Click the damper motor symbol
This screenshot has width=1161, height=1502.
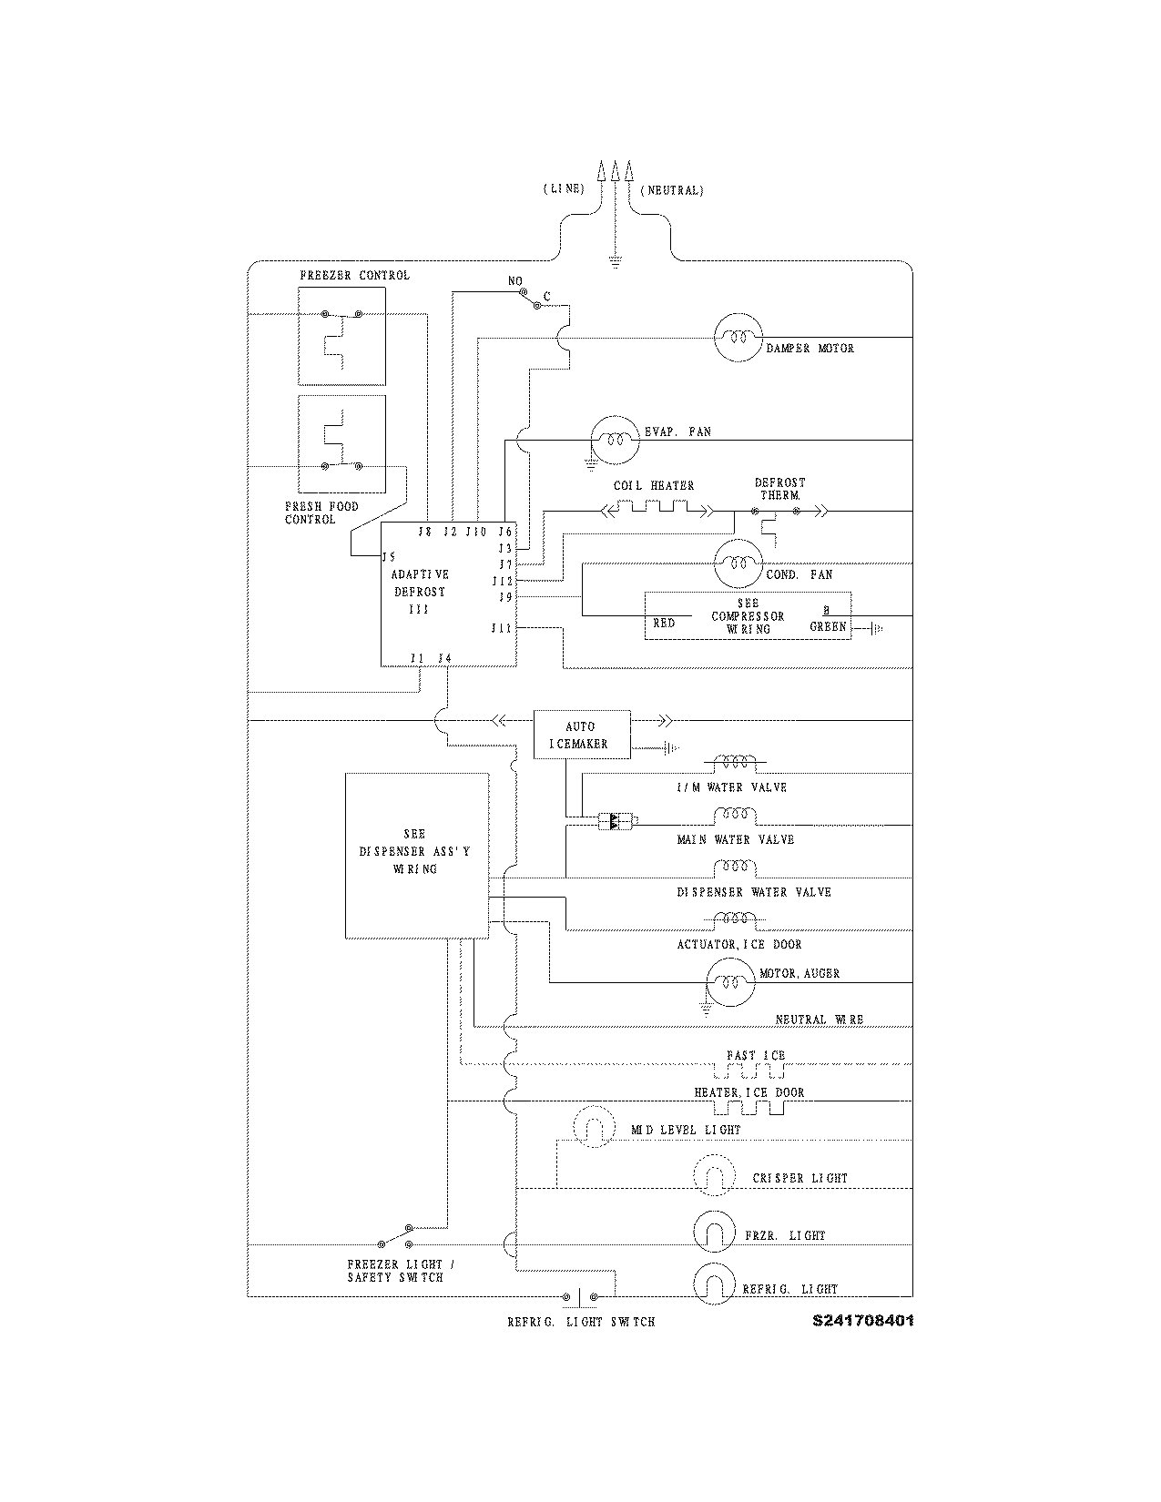tap(736, 337)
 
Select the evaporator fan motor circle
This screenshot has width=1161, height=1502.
tap(615, 440)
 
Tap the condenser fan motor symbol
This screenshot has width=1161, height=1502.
tap(736, 564)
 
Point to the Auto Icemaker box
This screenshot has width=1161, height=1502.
tap(581, 735)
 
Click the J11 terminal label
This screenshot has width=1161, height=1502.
tap(502, 628)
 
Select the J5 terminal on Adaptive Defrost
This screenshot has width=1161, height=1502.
tap(389, 557)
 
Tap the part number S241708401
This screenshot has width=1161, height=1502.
tap(862, 1321)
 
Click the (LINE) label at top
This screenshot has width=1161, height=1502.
tap(564, 189)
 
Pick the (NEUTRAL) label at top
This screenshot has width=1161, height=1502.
tap(672, 190)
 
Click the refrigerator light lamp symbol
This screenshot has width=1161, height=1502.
tap(713, 1284)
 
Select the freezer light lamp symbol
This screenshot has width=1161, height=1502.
tap(713, 1232)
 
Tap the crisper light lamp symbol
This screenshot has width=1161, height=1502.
tap(713, 1176)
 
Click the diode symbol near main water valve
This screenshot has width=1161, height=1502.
tap(616, 821)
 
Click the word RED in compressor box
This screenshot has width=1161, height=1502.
tap(664, 624)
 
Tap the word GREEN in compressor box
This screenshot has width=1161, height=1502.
tap(828, 626)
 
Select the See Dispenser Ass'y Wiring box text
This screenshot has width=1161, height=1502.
tap(415, 851)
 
